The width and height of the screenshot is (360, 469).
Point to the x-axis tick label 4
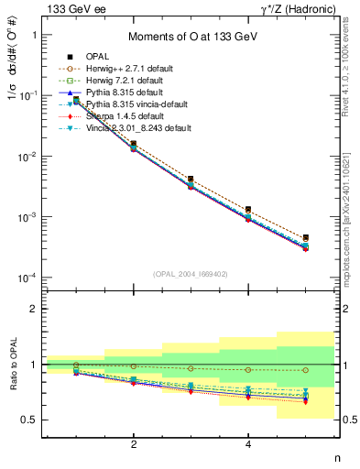(248, 445)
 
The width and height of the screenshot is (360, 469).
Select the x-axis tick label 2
(134, 445)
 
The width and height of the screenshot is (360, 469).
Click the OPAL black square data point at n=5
(306, 238)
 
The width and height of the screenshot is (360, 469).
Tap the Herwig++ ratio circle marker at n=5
(306, 370)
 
